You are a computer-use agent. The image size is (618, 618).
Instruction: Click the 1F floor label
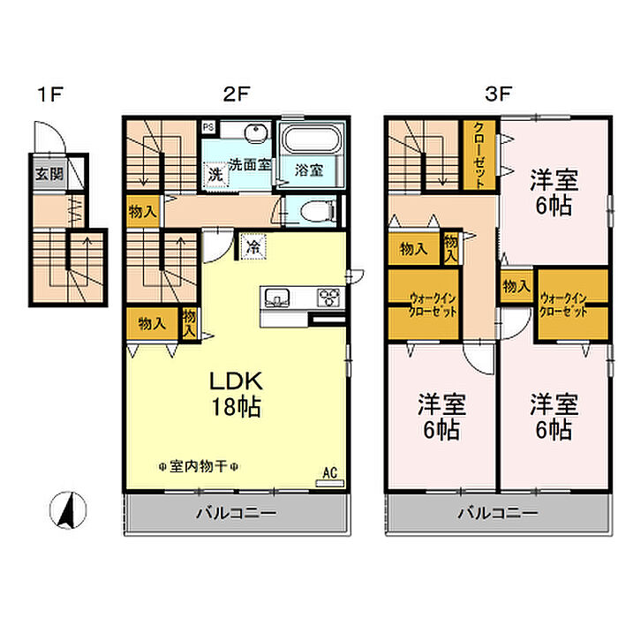pos(49,93)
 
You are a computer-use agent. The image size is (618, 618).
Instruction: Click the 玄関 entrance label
pos(49,173)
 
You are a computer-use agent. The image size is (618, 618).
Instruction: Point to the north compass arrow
pos(67,509)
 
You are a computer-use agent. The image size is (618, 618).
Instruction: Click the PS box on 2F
pos(208,126)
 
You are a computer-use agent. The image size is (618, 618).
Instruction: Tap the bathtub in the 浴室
pos(308,141)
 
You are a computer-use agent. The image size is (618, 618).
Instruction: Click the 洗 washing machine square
pos(215,174)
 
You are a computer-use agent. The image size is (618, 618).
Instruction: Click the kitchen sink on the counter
pos(275,296)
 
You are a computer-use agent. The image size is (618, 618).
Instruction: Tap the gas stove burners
pos(329,296)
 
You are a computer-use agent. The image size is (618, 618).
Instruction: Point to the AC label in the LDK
pos(330,472)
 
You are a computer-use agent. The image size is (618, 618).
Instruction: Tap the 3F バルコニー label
pos(496,512)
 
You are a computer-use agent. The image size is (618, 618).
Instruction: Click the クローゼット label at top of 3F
pos(481,153)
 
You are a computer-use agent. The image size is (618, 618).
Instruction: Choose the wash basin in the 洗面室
pos(256,134)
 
